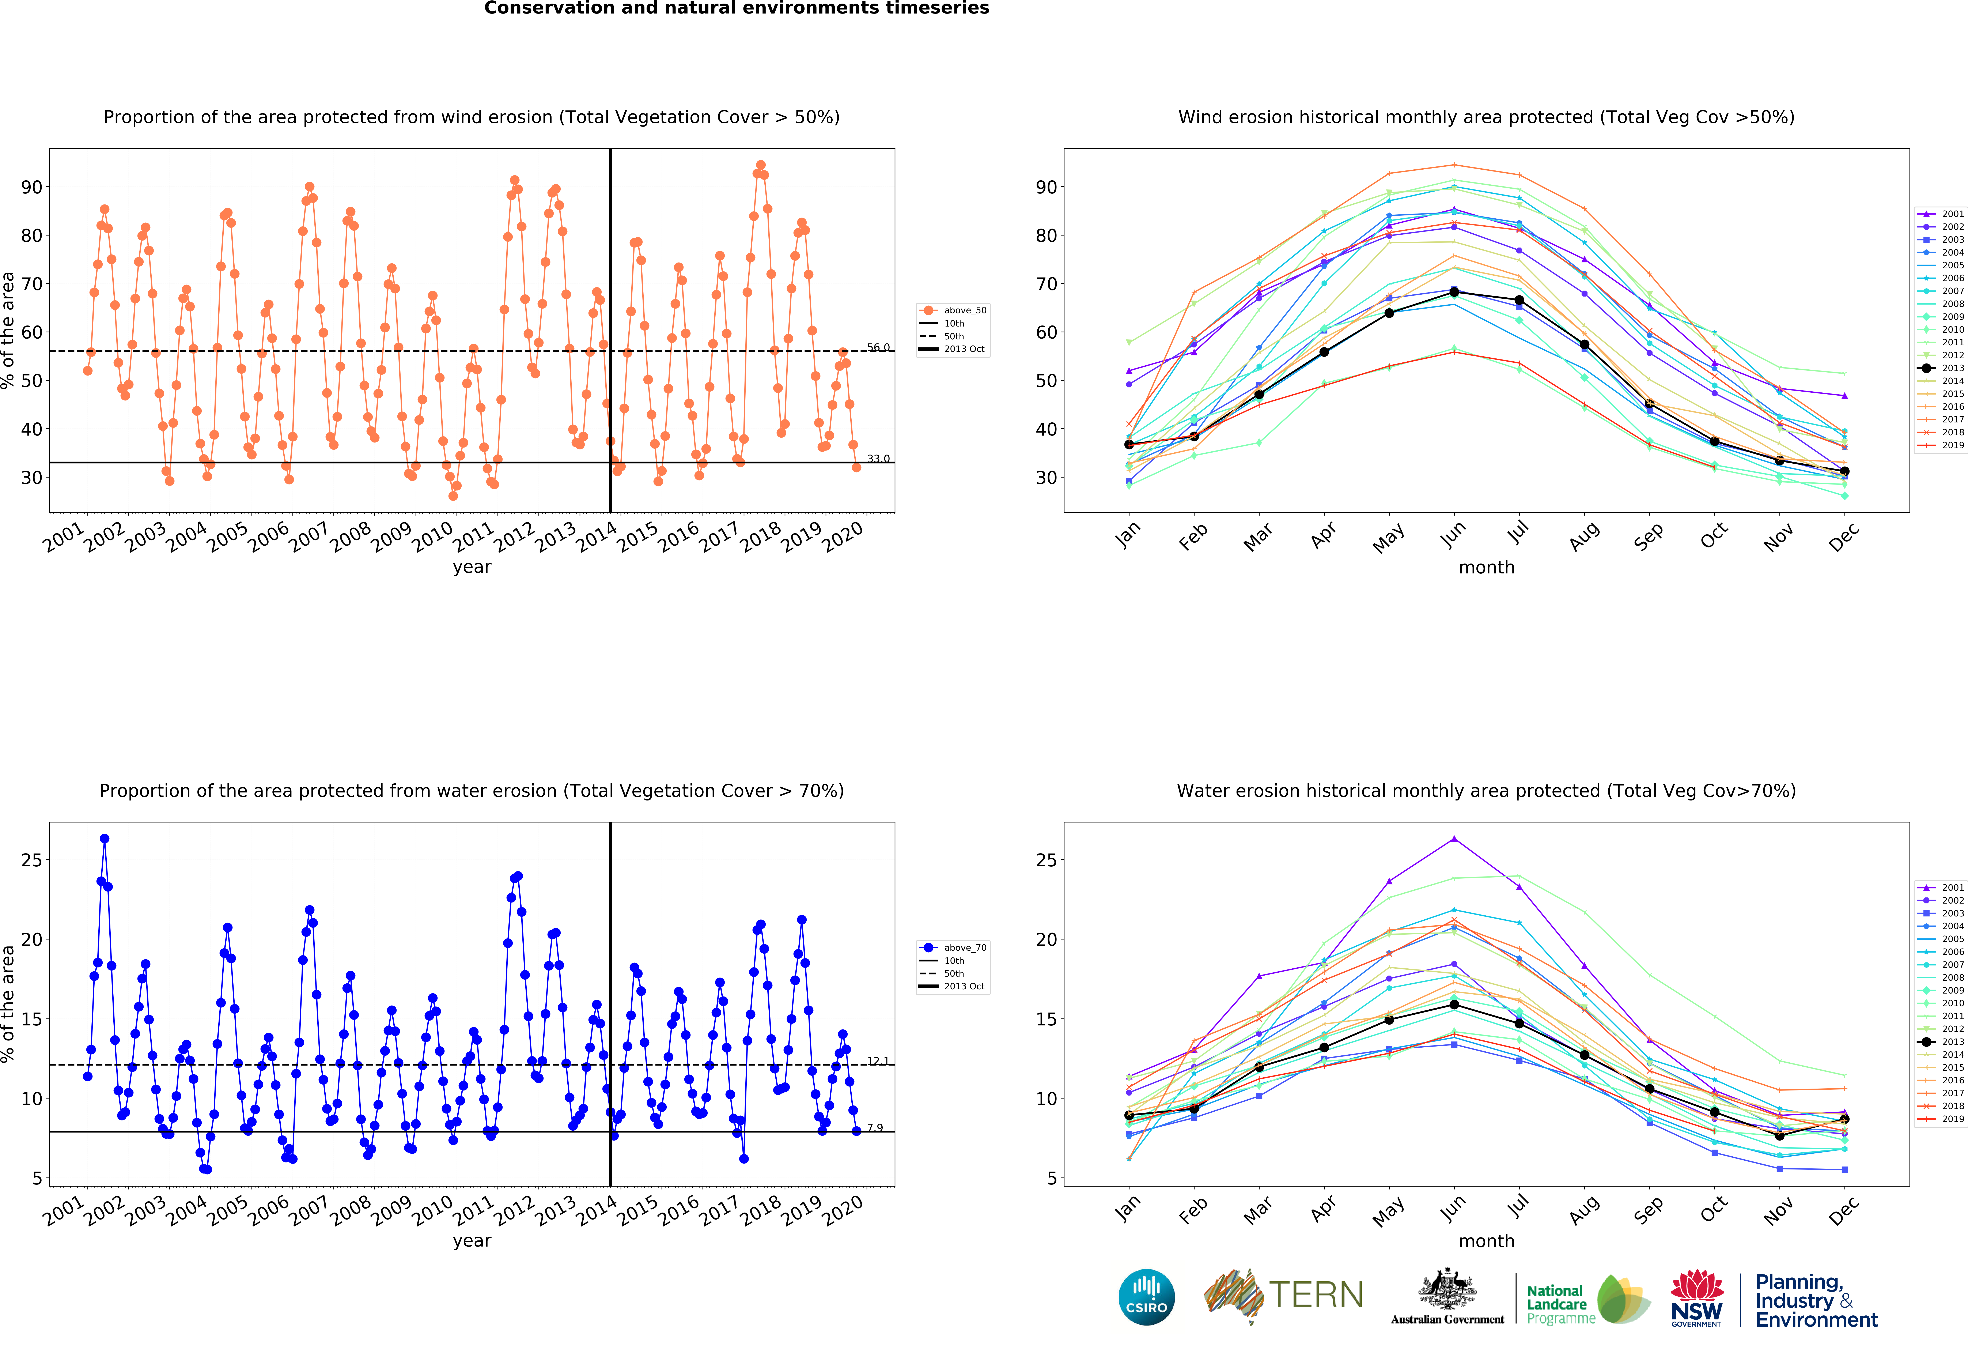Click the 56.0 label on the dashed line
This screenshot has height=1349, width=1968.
[x=878, y=347]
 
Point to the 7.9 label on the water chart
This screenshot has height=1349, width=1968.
[x=875, y=1127]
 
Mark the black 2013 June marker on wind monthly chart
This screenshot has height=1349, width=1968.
[x=1454, y=292]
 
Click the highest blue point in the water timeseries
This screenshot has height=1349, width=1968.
[x=104, y=838]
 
